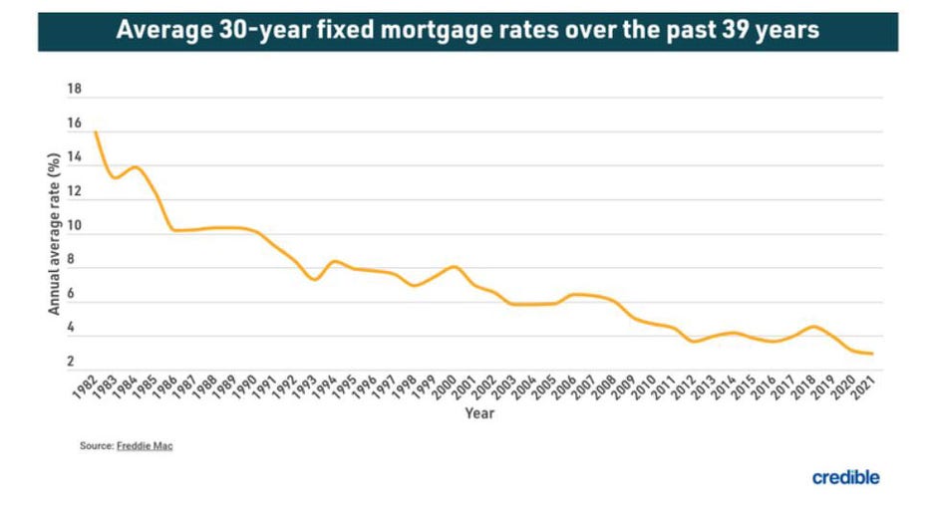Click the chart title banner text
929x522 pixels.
pos(467,30)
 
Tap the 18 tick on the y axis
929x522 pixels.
pos(74,90)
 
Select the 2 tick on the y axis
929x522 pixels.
pos(74,362)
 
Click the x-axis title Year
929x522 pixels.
pos(478,413)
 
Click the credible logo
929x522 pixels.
pos(845,477)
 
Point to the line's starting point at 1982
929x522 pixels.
pos(96,132)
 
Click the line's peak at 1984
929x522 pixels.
pos(136,166)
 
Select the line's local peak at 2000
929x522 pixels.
pos(455,266)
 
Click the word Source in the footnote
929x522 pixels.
pos(95,446)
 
